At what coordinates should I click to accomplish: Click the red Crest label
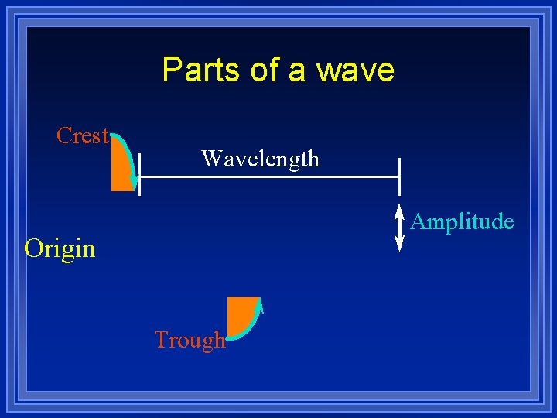coord(82,135)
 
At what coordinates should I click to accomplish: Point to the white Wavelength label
coord(260,159)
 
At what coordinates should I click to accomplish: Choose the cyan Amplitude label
coord(462,222)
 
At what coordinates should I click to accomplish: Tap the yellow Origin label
coord(60,249)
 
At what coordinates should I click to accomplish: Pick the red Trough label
coord(190,340)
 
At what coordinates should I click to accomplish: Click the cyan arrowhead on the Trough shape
coord(261,303)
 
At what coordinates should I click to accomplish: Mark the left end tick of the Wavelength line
coord(139,176)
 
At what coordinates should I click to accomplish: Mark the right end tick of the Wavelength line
coord(399,176)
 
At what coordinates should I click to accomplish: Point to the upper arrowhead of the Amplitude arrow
coord(399,210)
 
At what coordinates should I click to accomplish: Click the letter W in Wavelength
coord(210,159)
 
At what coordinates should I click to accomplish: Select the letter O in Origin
coord(32,249)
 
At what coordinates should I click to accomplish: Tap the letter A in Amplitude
coord(419,222)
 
